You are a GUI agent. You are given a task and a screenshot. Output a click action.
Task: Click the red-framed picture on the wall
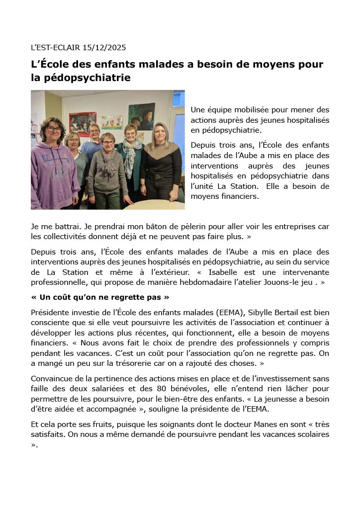tap(83, 123)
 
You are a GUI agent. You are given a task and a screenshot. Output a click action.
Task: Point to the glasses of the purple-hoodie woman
tap(54, 129)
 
